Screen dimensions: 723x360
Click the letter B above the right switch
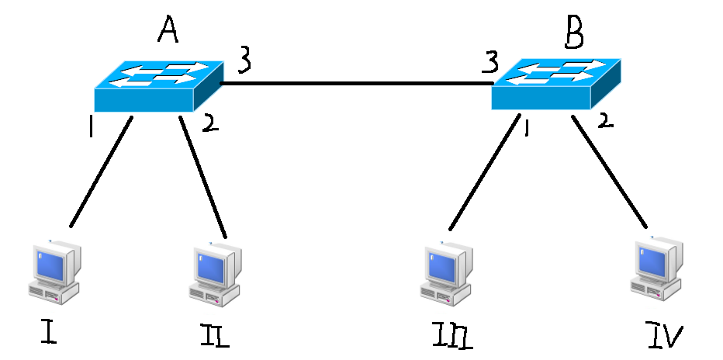point(574,33)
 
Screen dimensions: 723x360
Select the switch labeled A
point(159,86)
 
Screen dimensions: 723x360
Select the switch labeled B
point(555,84)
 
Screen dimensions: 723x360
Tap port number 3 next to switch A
point(245,62)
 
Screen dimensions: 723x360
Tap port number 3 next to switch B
point(490,62)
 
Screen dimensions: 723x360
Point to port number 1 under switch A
point(92,126)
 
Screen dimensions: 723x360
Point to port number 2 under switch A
point(209,124)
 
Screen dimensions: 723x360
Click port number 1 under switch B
point(526,129)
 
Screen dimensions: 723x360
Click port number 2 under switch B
point(606,120)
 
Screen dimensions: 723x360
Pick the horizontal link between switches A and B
point(358,84)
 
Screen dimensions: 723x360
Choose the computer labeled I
point(54,272)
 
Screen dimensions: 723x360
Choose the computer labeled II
point(215,275)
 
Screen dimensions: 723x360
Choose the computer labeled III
point(446,274)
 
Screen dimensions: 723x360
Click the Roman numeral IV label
point(663,335)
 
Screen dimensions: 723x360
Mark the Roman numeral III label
point(452,337)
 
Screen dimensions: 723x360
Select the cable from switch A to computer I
point(101,171)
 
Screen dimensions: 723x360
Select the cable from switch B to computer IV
point(609,171)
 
